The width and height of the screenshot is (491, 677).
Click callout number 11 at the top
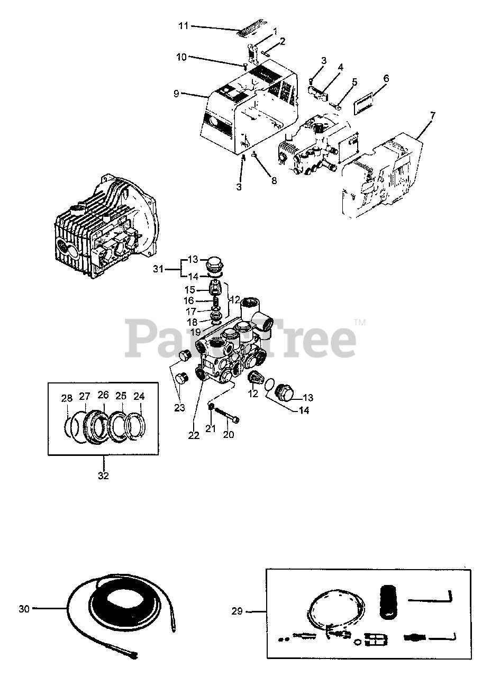[183, 25]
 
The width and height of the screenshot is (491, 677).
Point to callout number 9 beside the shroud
[176, 94]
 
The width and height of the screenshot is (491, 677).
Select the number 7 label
[432, 115]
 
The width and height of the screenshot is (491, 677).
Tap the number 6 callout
[386, 78]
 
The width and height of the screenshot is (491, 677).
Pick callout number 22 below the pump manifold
[193, 435]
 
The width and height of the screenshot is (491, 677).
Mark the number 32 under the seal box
[103, 475]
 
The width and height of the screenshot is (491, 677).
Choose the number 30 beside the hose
[24, 609]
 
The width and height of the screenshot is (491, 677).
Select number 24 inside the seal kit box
[139, 396]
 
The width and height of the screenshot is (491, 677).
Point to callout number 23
[180, 408]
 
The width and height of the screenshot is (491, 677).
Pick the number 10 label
[181, 57]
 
